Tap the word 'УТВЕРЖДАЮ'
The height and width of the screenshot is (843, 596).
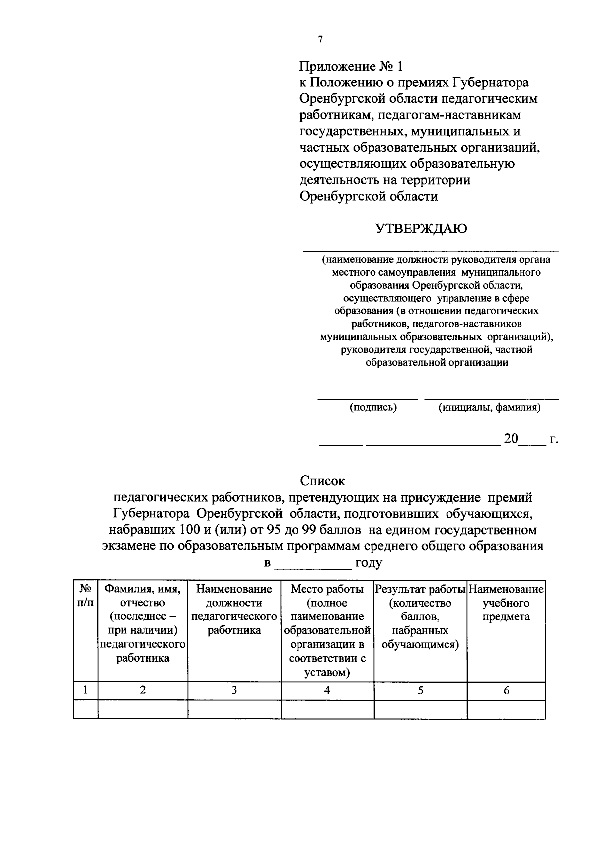point(421,229)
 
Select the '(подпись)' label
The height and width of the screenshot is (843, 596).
point(373,408)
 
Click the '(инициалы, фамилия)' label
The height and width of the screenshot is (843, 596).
point(489,408)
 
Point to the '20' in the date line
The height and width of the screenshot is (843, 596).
point(511,439)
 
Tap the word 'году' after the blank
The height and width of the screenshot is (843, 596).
point(368,563)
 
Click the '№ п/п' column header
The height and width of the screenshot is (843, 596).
point(85,596)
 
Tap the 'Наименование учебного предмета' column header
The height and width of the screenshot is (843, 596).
point(506,603)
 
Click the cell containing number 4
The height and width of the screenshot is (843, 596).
point(327,690)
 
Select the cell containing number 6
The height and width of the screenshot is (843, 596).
point(506,690)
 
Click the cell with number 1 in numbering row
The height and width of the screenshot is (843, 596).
point(85,690)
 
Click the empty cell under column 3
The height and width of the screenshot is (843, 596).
point(234,709)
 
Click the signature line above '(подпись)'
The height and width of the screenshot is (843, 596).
point(368,399)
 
